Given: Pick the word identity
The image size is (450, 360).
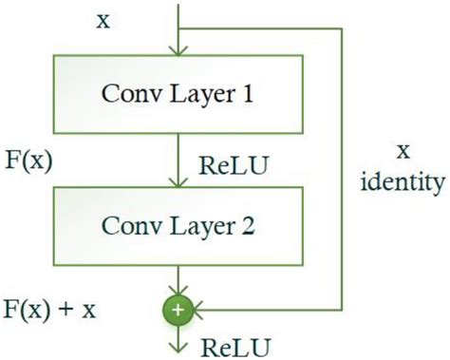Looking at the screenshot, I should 403,180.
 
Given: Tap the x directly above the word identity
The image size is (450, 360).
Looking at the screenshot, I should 403,149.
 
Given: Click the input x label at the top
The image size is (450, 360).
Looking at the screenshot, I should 102,18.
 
